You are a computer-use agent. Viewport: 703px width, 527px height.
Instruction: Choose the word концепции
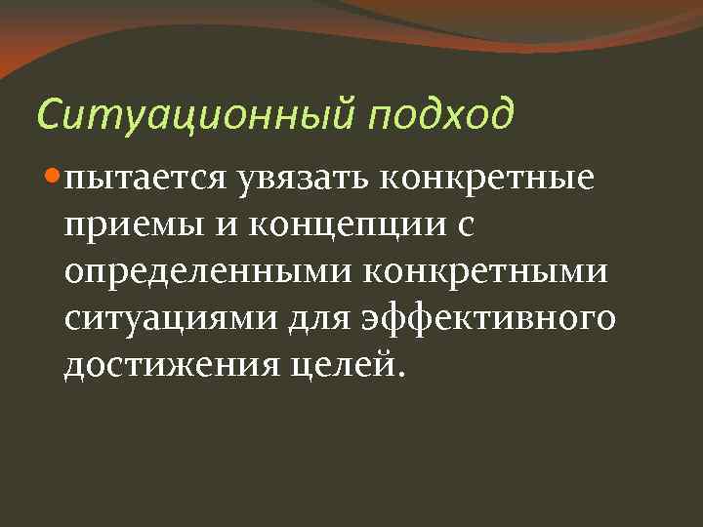pos(351,227)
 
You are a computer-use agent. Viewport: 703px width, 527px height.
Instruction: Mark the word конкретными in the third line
pos(484,272)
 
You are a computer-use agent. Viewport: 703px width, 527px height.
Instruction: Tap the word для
pos(318,319)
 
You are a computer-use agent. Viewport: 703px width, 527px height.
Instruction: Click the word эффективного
pos(490,319)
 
